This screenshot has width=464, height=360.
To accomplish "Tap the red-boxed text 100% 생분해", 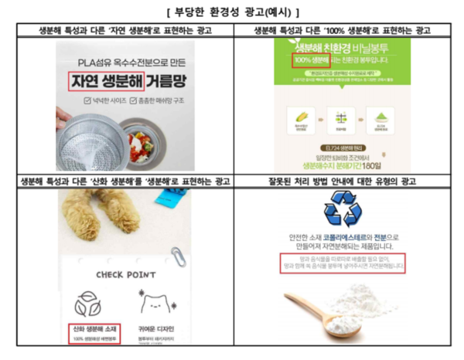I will coord(309,59).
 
